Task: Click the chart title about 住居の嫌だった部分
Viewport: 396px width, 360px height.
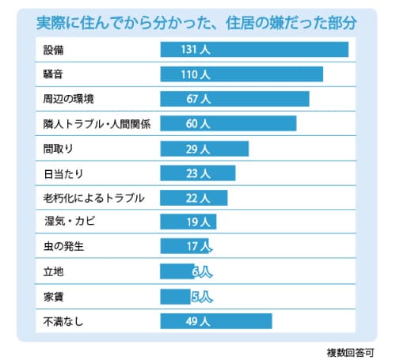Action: coord(198,22)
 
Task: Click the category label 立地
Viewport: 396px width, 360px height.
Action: coord(54,271)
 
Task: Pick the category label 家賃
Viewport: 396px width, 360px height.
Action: coord(54,297)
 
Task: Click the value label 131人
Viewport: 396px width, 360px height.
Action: coord(195,50)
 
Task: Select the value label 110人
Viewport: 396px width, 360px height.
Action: coord(194,74)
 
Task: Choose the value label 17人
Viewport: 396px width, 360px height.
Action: coord(198,247)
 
